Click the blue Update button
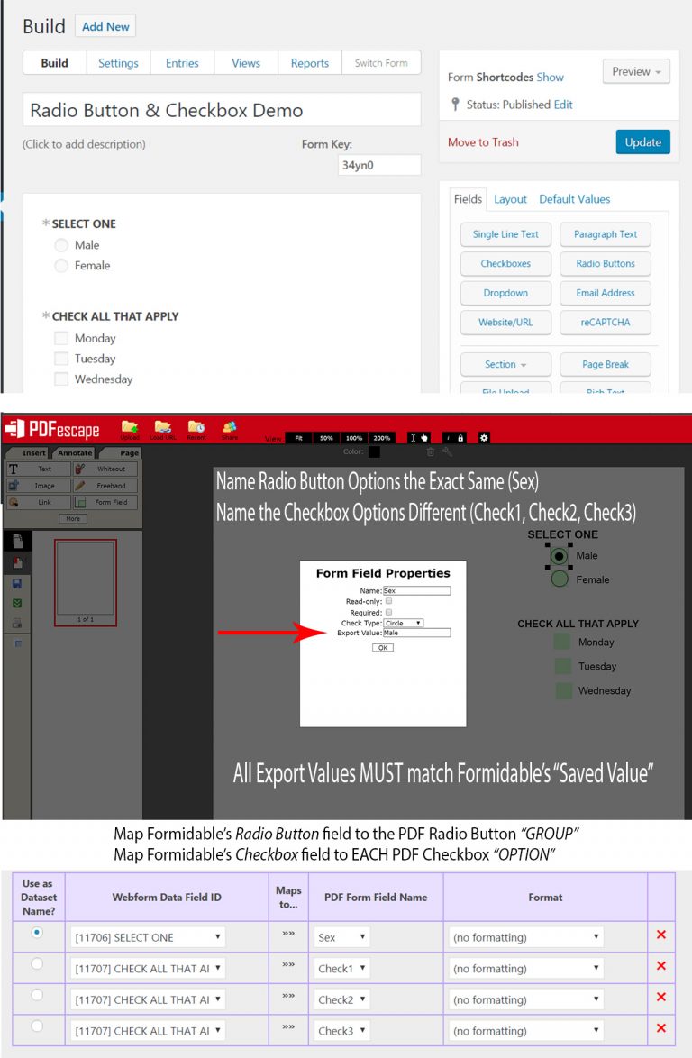click(x=642, y=142)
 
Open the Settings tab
click(x=118, y=63)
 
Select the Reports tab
click(x=309, y=63)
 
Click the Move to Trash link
click(x=483, y=142)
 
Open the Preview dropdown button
click(x=636, y=72)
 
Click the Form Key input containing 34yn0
click(x=379, y=165)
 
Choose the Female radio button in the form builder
click(x=61, y=266)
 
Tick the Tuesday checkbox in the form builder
click(x=61, y=359)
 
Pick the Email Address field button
click(x=605, y=293)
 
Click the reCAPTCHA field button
click(x=605, y=323)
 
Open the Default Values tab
click(x=574, y=199)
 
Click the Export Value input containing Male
click(x=415, y=633)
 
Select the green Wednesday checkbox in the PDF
click(x=562, y=691)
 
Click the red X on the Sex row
click(x=661, y=935)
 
